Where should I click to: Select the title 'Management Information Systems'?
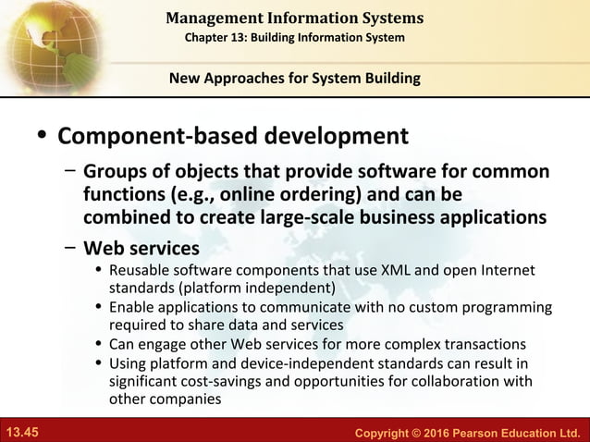click(295, 18)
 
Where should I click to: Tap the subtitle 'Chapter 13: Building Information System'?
click(295, 37)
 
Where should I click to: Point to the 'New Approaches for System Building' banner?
click(295, 79)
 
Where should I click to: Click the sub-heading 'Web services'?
click(141, 249)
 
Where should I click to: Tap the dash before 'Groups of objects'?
click(70, 172)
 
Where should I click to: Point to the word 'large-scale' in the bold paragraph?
click(273, 217)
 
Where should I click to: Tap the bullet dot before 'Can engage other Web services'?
click(100, 344)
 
